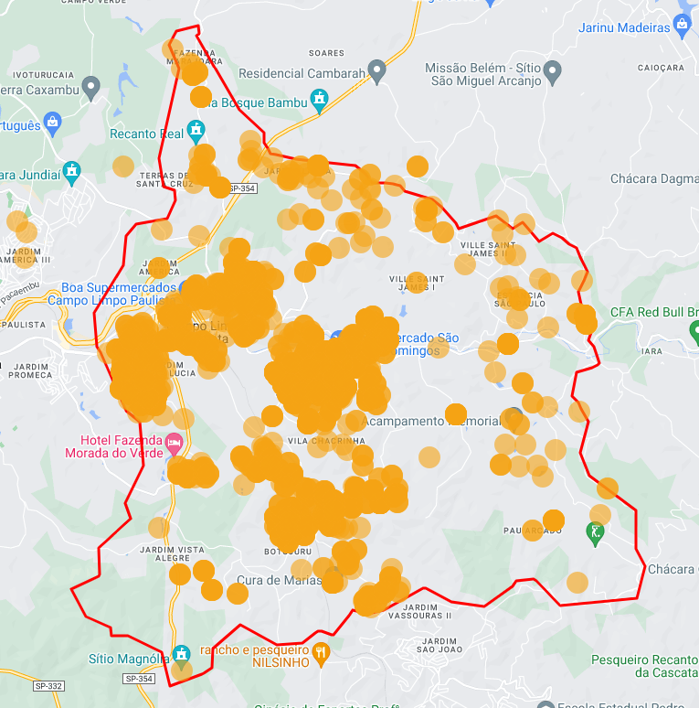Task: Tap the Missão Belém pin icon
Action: pos(552,70)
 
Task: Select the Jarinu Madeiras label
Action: pos(624,27)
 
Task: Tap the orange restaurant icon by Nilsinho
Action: pos(320,652)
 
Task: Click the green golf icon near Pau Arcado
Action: pos(596,531)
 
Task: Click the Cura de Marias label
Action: pos(279,580)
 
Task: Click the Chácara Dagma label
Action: pos(653,178)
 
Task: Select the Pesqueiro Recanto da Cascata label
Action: pos(644,665)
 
